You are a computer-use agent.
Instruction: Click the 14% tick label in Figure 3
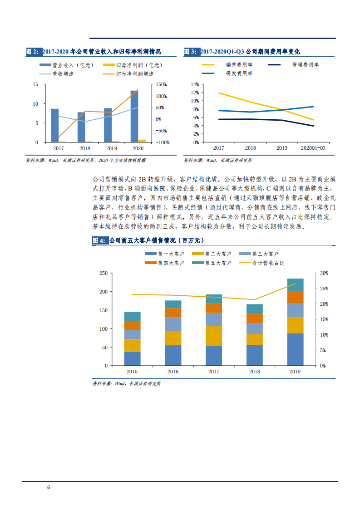195,84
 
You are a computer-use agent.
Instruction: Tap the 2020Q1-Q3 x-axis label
313,148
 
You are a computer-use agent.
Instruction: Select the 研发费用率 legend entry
227,73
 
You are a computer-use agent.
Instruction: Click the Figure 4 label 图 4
99,240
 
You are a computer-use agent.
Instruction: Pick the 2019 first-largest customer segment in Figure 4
295,349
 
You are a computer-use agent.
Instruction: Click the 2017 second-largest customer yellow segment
214,336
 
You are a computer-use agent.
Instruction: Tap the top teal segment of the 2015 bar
132,316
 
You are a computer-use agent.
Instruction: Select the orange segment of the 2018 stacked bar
255,318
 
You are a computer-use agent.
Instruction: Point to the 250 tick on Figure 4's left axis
103,273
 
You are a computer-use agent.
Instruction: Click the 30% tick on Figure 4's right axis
324,273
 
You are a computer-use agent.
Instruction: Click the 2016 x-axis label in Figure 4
173,372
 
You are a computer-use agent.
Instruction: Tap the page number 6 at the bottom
49,488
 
